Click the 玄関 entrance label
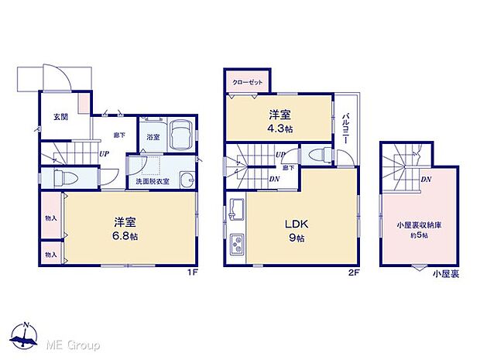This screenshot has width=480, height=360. [x=60, y=118]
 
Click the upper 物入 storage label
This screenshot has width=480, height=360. [x=51, y=218]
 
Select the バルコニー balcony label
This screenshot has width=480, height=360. [x=345, y=127]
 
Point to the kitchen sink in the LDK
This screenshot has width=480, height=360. [x=237, y=209]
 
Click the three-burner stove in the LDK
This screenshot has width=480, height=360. [x=236, y=247]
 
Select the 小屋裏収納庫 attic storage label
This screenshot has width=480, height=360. [x=418, y=227]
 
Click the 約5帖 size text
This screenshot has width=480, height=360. [x=418, y=236]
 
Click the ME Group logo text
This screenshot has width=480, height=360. [x=73, y=344]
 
